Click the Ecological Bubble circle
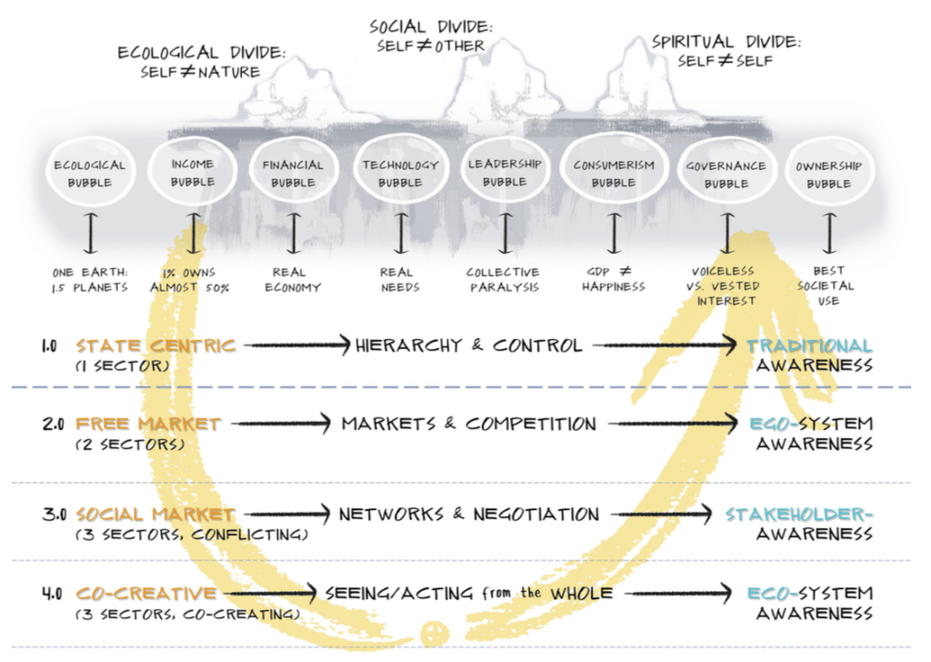point(89,175)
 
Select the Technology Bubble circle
point(400,174)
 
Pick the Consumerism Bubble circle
point(614,174)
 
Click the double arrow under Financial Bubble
point(293,233)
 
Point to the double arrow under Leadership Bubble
point(505,233)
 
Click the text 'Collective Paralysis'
point(503,279)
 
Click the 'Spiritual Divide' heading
point(725,51)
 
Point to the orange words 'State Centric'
point(155,346)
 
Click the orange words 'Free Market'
point(148,424)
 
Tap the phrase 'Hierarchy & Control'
point(468,346)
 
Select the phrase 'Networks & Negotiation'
point(468,515)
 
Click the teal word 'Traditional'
point(809,346)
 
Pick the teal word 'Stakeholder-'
point(798,515)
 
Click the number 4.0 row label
point(52,594)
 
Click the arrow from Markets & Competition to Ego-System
point(673,424)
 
